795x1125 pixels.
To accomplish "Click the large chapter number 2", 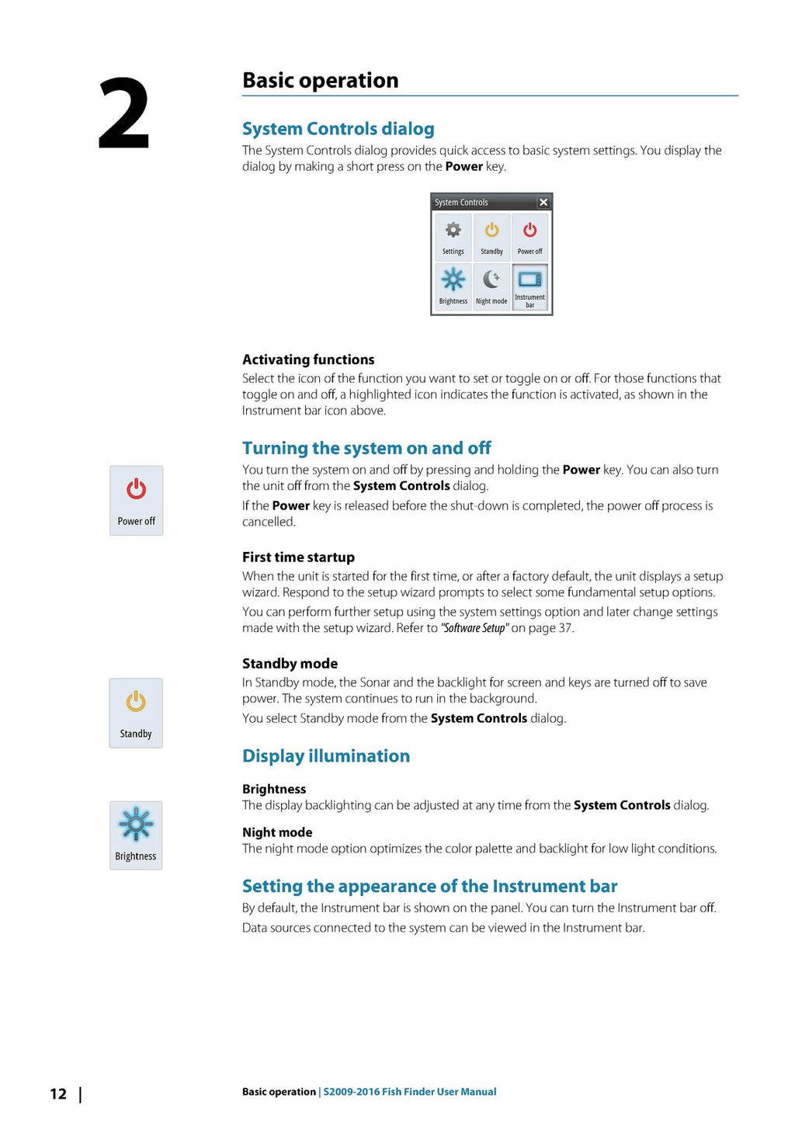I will click(123, 113).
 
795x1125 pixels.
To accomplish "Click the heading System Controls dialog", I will click(338, 129).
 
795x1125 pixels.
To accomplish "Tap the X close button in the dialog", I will click(543, 203).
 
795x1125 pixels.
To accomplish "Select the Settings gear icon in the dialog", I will click(453, 231).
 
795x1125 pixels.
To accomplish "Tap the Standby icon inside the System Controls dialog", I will click(491, 231).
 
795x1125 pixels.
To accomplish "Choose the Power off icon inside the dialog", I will click(530, 231).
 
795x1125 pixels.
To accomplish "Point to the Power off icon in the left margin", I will click(137, 491).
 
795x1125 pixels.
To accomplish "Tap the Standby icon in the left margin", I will click(136, 703).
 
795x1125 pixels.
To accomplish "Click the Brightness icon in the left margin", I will click(136, 825).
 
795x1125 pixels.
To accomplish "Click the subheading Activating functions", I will click(308, 359).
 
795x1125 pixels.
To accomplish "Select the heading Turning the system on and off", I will click(366, 448).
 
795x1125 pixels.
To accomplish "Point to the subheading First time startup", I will click(298, 557).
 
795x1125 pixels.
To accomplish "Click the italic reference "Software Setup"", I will click(474, 628).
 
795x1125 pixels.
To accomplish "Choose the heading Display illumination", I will click(326, 756).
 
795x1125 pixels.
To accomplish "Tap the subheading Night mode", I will click(277, 832).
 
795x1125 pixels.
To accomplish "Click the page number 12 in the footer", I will click(58, 1094).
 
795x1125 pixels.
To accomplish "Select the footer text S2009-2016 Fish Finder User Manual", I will click(410, 1092).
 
